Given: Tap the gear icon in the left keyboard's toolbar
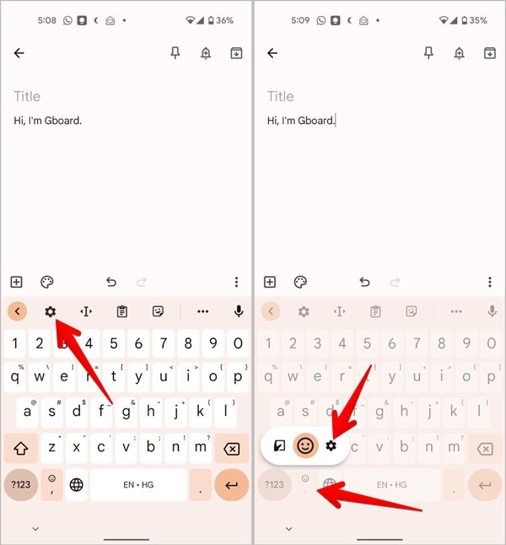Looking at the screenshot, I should pyautogui.click(x=50, y=311).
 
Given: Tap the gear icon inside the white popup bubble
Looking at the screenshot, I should pyautogui.click(x=331, y=445).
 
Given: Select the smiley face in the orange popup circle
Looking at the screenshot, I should pyautogui.click(x=305, y=445).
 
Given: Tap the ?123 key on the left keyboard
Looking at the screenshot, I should pyautogui.click(x=21, y=484).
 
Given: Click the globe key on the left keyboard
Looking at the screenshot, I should pyautogui.click(x=77, y=484).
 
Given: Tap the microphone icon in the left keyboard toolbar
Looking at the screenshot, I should pyautogui.click(x=239, y=311).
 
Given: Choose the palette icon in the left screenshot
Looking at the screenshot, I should pyautogui.click(x=47, y=282).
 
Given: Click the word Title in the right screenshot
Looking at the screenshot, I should pyautogui.click(x=281, y=96).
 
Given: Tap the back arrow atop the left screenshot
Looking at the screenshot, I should pyautogui.click(x=19, y=53).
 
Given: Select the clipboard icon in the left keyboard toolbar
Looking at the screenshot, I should pyautogui.click(x=121, y=311).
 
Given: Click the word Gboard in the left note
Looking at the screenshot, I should pyautogui.click(x=63, y=121).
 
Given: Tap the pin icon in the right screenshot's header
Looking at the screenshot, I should pyautogui.click(x=428, y=53).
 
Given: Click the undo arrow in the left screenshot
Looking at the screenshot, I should pyautogui.click(x=110, y=282).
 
